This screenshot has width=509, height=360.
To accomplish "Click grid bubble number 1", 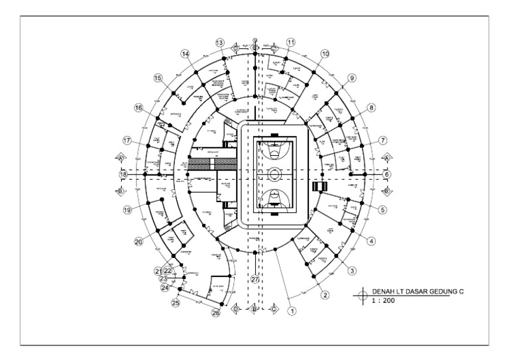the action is (291, 308).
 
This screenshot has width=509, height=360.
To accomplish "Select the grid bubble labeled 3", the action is (352, 270).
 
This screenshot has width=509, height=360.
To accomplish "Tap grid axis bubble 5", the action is (383, 210).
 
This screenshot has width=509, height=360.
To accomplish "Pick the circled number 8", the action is (371, 107).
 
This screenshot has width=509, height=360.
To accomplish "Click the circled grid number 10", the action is (325, 54).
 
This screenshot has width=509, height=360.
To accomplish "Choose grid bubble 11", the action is (290, 42).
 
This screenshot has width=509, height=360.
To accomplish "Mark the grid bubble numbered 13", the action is (220, 42).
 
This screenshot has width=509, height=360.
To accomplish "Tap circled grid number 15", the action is (158, 78).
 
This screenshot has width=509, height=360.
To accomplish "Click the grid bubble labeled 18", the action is (123, 174).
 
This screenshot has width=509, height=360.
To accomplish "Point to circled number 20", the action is (139, 242).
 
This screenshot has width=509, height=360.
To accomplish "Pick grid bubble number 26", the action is (215, 313).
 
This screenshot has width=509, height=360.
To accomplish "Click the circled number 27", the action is (255, 279).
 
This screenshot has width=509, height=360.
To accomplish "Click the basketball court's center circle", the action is (274, 174).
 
